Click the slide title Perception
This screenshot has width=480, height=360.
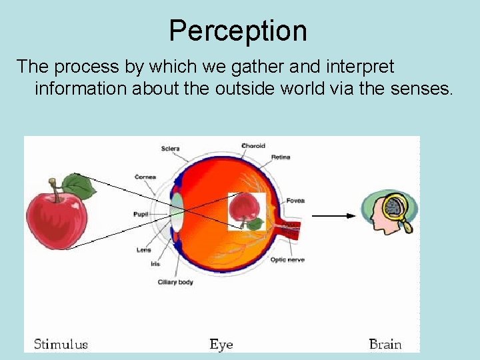point(238,31)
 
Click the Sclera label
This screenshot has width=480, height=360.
point(170,148)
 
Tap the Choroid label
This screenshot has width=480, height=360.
point(253,145)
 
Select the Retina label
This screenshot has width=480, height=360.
point(281,157)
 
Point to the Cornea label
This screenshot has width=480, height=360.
point(145,177)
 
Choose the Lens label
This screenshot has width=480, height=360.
point(144,250)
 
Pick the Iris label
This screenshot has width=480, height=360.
point(155,264)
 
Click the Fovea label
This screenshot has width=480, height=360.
point(295,200)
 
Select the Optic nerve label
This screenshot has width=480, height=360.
point(287,259)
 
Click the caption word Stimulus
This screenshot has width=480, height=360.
point(61,344)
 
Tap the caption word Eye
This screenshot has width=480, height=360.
point(221,344)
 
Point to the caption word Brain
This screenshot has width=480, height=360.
point(385,344)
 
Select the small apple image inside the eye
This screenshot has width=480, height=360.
point(245,210)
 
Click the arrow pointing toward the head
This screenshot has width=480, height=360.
point(333,215)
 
